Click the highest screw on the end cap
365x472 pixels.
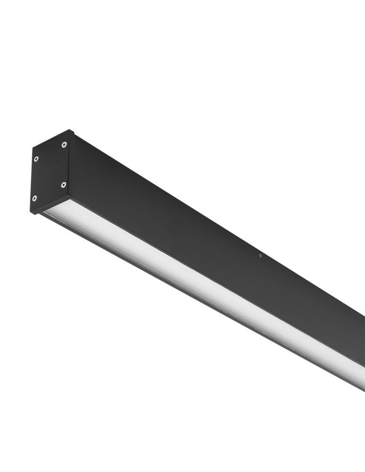pyautogui.click(x=64, y=144)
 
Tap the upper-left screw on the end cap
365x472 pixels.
pyautogui.click(x=36, y=159)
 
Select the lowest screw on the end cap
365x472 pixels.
pyautogui.click(x=34, y=198)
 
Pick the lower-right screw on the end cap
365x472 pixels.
pyautogui.click(x=64, y=185)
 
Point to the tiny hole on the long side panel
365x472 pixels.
pyautogui.click(x=260, y=256)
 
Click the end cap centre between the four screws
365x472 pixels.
pyautogui.click(x=50, y=171)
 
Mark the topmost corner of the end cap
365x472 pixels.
pyautogui.click(x=70, y=130)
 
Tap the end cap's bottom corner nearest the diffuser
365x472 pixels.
pyautogui.click(x=69, y=198)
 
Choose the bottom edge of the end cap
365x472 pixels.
pyautogui.click(x=51, y=206)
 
